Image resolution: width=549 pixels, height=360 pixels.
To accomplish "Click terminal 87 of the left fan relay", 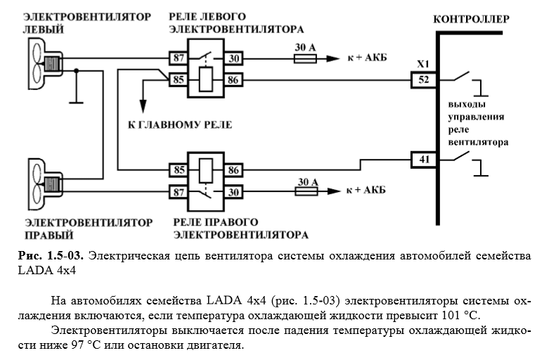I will tap(179, 57).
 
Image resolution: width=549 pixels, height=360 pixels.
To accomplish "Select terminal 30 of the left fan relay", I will tap(233, 57).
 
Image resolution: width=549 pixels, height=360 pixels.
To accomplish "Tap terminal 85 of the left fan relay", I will tap(179, 81).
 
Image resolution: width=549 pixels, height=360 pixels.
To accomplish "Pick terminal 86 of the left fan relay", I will tap(233, 81).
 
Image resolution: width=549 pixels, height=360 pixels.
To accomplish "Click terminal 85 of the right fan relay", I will tap(179, 169).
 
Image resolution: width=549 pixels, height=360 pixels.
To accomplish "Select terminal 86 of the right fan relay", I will tap(233, 169).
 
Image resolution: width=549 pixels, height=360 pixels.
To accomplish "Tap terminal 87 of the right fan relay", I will tap(179, 191).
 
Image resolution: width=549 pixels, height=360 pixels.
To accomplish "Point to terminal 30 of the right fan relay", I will tap(233, 191).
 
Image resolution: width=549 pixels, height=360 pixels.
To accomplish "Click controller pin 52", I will tap(423, 80).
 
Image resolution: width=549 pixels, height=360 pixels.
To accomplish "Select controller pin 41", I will tap(423, 160).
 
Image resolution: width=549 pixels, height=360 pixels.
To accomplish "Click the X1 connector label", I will tap(423, 65).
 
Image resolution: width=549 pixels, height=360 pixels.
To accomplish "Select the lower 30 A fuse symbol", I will tap(304, 191).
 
